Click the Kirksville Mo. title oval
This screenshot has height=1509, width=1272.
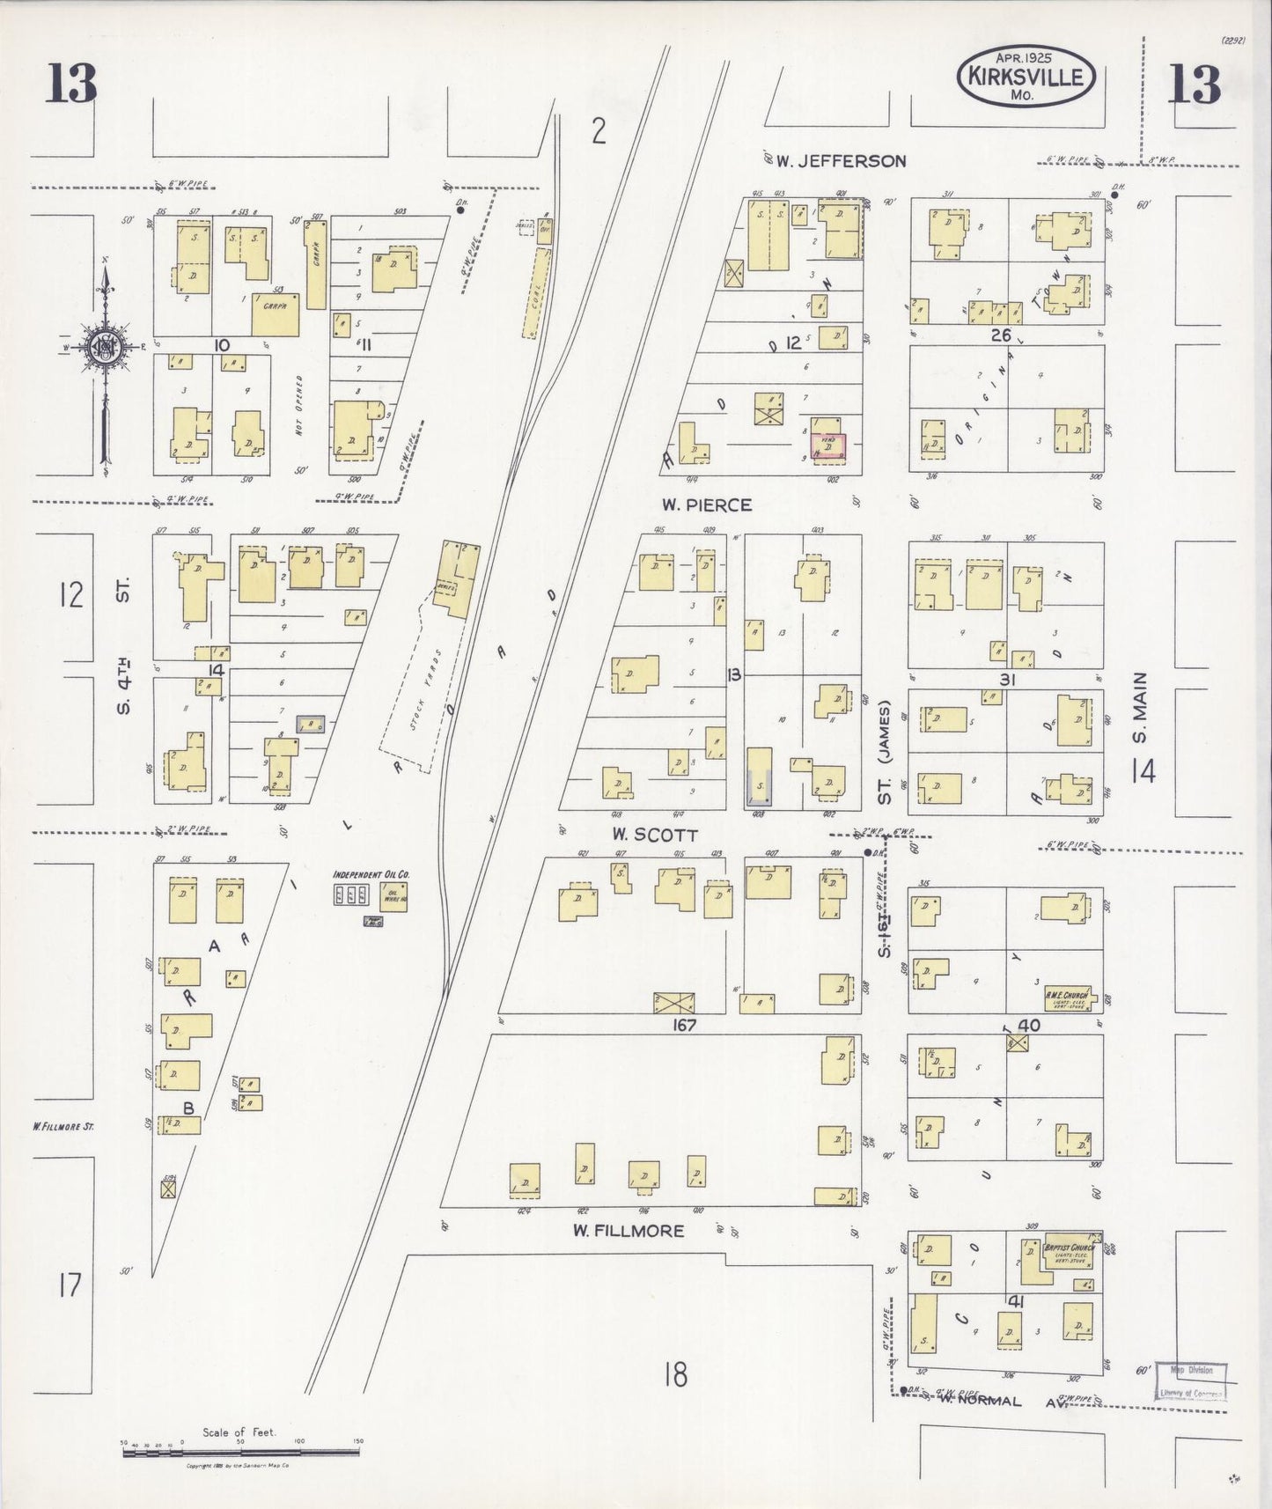[1026, 77]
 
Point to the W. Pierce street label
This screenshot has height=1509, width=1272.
[707, 505]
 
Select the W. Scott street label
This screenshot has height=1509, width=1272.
[655, 835]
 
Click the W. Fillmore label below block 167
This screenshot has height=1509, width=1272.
[628, 1230]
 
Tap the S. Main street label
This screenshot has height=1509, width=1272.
[1141, 710]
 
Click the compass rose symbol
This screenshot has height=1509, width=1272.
[106, 345]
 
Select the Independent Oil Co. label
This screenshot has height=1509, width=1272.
[371, 875]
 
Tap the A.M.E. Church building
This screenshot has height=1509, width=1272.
[1068, 997]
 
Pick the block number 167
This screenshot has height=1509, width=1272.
[684, 1025]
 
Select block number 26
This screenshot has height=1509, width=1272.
[1001, 335]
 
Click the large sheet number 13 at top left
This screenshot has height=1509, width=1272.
[71, 85]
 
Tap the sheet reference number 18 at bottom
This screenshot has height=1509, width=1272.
[674, 1375]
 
